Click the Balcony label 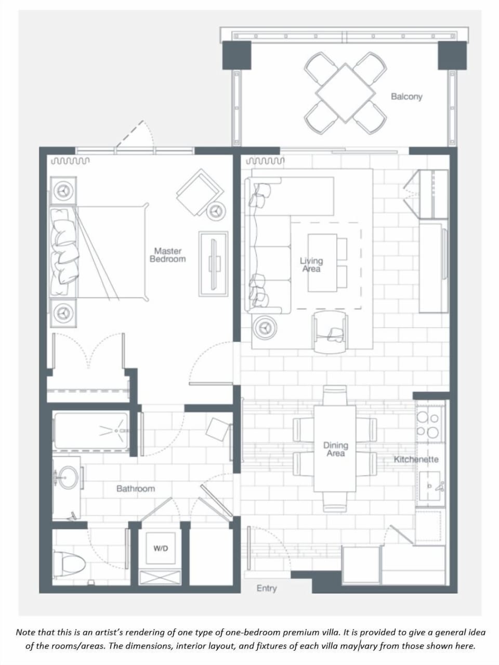406,97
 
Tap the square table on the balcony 345,93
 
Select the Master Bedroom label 167,255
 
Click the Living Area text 311,265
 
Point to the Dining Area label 335,449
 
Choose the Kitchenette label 416,459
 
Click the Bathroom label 136,489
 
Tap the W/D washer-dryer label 161,549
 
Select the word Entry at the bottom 267,589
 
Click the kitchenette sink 430,486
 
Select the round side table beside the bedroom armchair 216,210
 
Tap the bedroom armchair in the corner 200,191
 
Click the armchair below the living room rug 330,332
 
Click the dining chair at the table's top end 335,395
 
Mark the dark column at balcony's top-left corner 237,56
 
